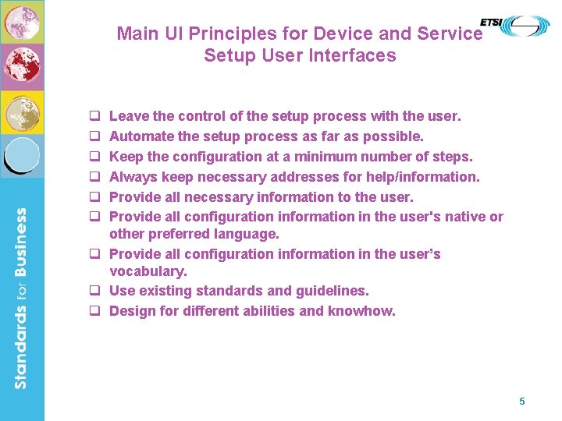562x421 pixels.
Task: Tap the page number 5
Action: coord(522,402)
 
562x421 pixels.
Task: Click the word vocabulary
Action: coord(148,272)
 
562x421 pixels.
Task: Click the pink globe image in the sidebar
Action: coord(21,22)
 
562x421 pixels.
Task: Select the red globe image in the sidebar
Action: coord(21,66)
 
